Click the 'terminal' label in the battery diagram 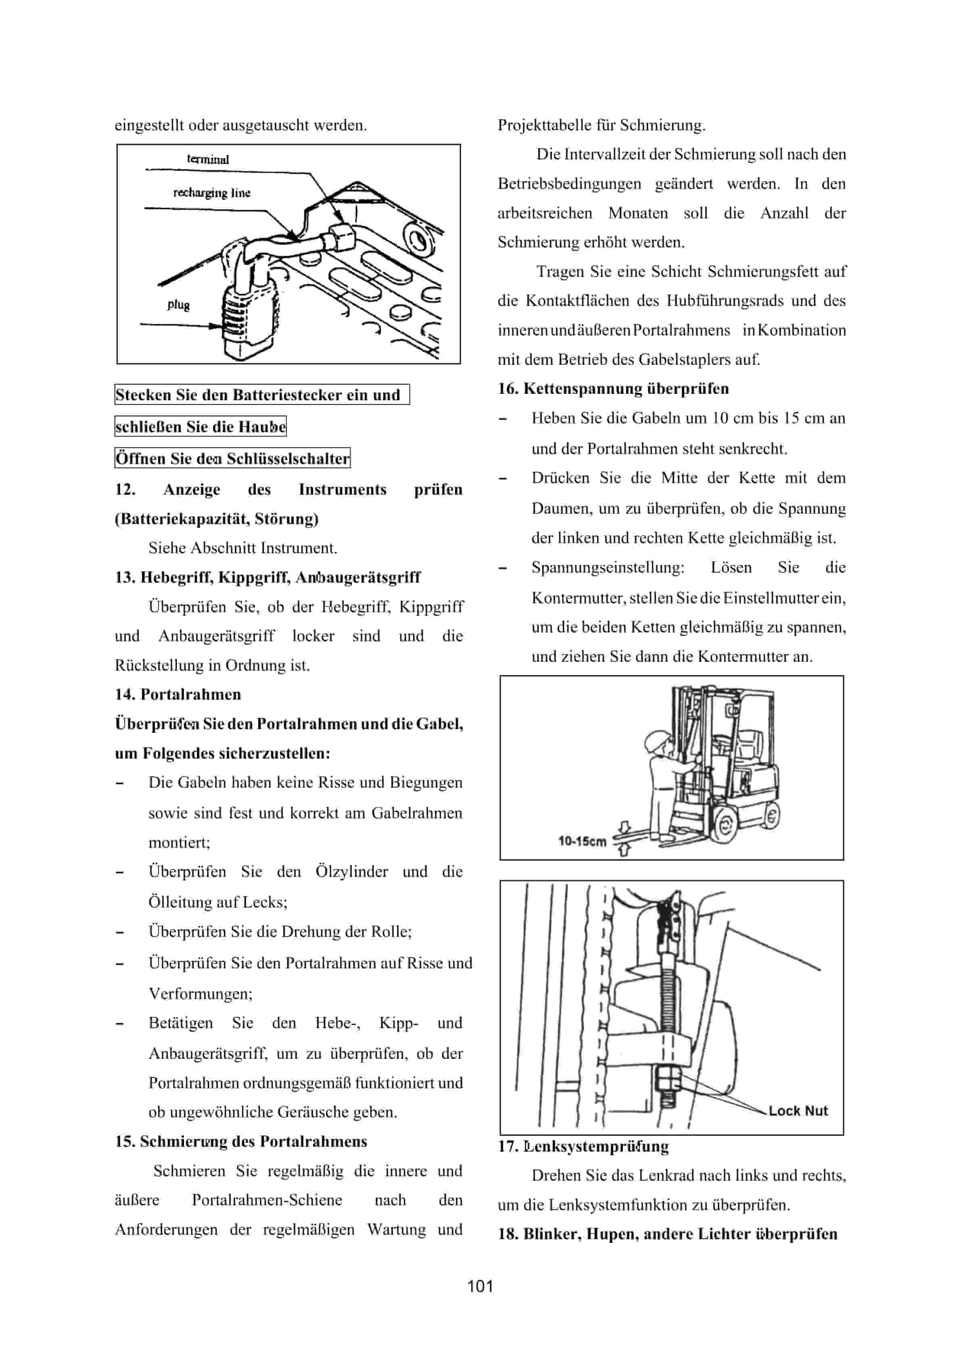208,159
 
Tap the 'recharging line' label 211,193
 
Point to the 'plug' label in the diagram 178,305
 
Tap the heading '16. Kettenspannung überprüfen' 613,389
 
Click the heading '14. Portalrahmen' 178,694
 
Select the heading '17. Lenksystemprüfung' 583,1146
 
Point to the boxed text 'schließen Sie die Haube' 200,427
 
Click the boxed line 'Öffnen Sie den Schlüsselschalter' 232,459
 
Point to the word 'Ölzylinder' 351,872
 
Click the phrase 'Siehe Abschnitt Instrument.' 242,548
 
